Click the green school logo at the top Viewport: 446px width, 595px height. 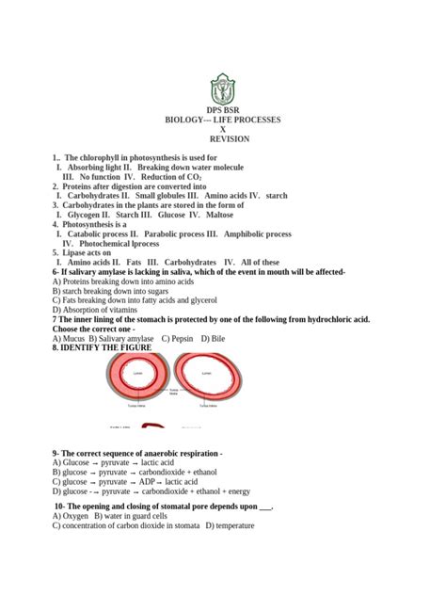coord(222,92)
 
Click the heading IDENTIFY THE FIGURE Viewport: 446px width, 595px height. coord(106,346)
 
